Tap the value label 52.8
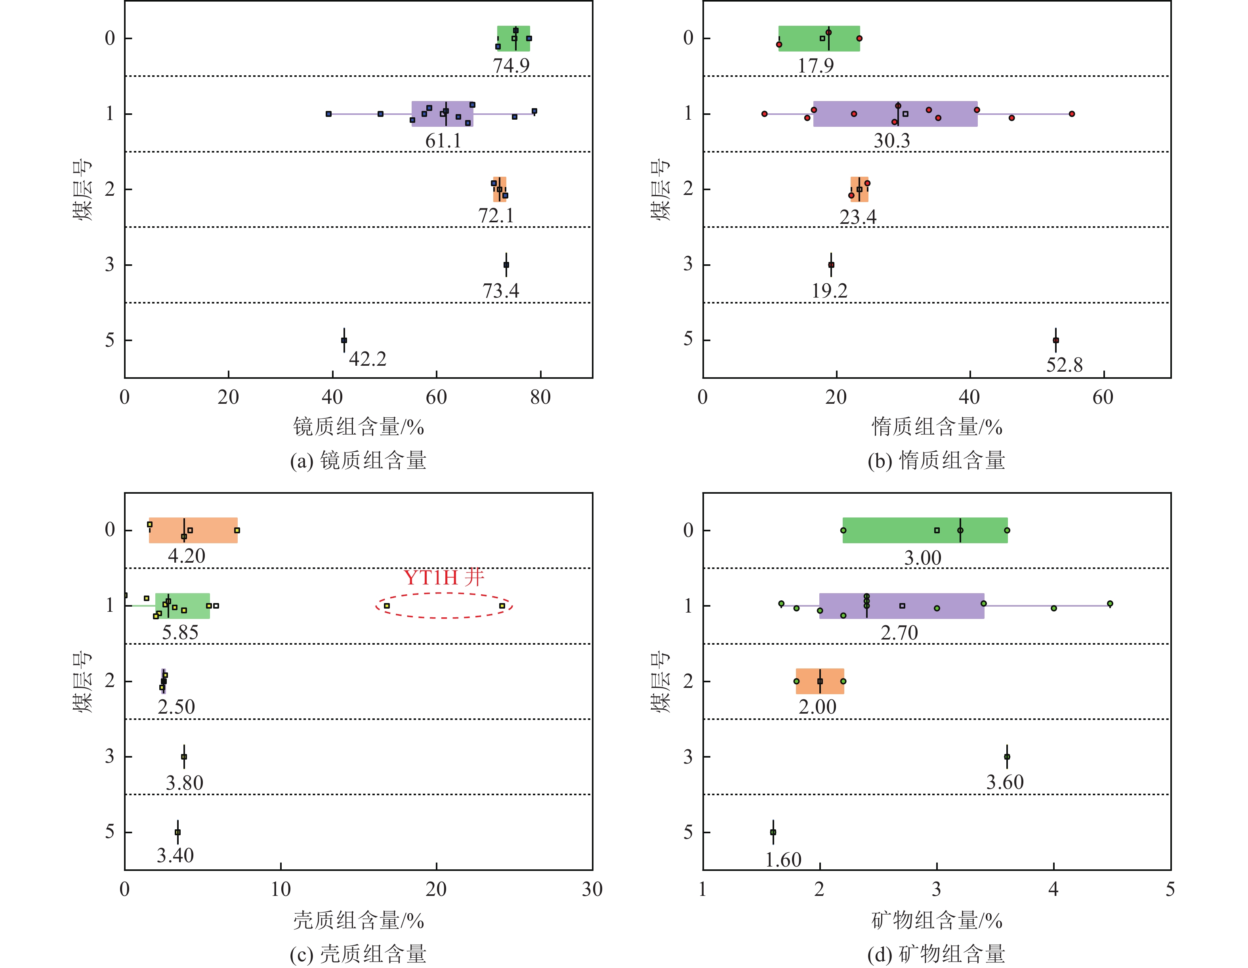click(1064, 365)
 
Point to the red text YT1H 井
click(444, 578)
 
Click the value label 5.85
click(180, 632)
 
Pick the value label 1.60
click(783, 859)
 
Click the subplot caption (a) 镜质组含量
click(358, 460)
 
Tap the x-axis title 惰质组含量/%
click(937, 427)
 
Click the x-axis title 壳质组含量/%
click(358, 920)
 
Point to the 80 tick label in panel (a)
click(540, 397)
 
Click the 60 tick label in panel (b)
click(1103, 397)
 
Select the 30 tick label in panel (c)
click(592, 889)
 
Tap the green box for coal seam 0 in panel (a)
click(513, 38)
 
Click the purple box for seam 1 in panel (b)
click(895, 114)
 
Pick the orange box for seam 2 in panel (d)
click(819, 681)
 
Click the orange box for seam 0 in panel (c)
click(193, 530)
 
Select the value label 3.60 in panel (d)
click(1005, 782)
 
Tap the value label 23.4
click(857, 217)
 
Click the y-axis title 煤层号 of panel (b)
click(660, 189)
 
